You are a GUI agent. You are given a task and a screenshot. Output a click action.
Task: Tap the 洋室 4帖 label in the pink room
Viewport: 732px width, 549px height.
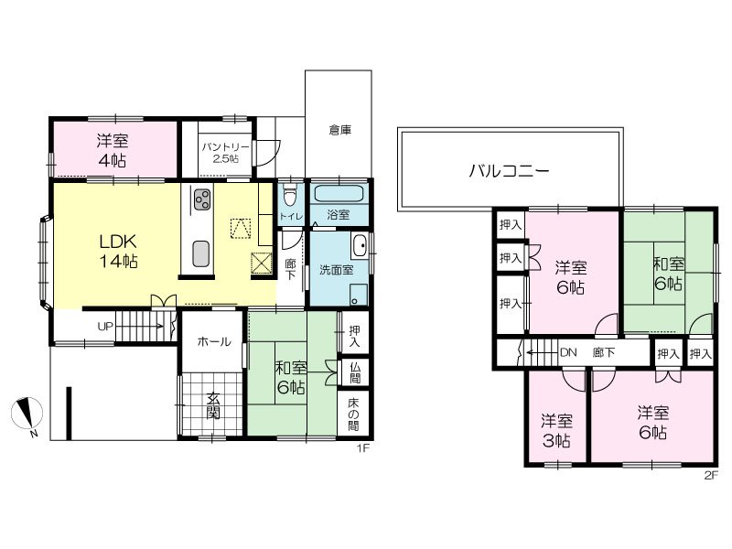(x=114, y=151)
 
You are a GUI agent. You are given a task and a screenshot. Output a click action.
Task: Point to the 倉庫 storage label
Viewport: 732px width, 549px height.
(x=339, y=131)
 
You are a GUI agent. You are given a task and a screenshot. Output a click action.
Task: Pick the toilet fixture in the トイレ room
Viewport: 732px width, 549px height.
(x=290, y=195)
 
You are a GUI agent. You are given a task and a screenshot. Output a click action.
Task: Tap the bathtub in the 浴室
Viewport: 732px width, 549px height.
(x=339, y=195)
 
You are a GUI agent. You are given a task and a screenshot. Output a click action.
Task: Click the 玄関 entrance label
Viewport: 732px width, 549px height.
(x=212, y=409)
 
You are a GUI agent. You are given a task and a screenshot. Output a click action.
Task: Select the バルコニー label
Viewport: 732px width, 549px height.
(x=510, y=169)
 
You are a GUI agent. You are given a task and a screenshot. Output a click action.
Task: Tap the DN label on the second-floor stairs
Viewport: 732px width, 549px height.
(x=567, y=351)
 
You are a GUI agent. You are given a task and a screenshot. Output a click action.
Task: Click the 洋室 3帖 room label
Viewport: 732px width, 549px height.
(x=556, y=431)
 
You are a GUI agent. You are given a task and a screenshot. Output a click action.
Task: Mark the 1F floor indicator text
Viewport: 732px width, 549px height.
(x=361, y=447)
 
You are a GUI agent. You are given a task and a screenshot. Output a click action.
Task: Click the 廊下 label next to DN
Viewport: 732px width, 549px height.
(x=604, y=351)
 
